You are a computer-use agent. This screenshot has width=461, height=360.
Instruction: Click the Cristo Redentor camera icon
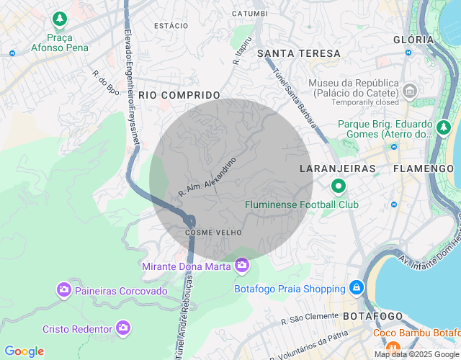click(x=123, y=328)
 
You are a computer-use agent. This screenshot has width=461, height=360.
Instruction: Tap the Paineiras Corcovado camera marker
click(x=64, y=290)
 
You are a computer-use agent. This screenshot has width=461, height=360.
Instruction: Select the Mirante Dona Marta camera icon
click(x=241, y=266)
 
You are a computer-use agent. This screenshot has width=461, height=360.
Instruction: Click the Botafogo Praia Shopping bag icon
click(x=356, y=288)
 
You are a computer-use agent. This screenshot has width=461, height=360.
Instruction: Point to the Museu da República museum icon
click(x=410, y=91)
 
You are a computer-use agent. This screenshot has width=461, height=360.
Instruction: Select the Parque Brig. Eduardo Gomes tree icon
click(x=444, y=129)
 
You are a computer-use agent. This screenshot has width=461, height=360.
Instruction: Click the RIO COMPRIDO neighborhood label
click(x=179, y=95)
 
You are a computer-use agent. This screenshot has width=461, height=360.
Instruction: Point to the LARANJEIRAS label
click(x=338, y=168)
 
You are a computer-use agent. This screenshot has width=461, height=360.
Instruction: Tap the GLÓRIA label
click(x=414, y=40)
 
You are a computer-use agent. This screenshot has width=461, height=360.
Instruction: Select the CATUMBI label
click(x=250, y=14)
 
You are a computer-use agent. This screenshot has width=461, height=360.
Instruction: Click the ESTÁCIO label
click(x=171, y=26)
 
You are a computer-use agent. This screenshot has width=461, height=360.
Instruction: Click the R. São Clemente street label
click(x=310, y=318)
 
